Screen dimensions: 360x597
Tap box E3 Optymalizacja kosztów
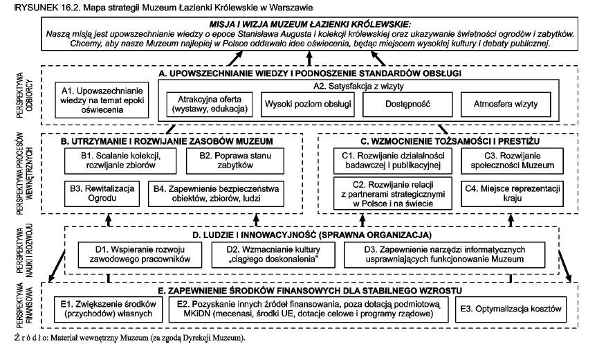pos(518,309)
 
